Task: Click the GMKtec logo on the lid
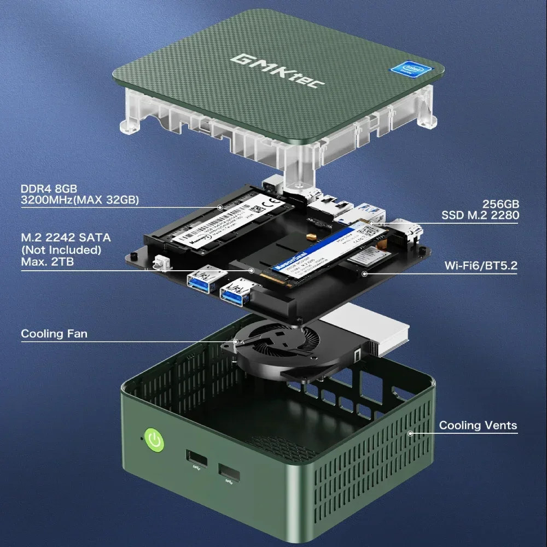pyautogui.click(x=278, y=69)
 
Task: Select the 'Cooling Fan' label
pyautogui.click(x=54, y=334)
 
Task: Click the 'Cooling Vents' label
pyautogui.click(x=478, y=426)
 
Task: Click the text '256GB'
pyautogui.click(x=501, y=203)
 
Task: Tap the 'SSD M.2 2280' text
pyautogui.click(x=480, y=216)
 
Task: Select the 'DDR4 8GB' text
pyautogui.click(x=49, y=189)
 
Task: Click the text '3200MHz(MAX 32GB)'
pyautogui.click(x=80, y=200)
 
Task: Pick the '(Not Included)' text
pyautogui.click(x=61, y=249)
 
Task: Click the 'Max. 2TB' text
pyautogui.click(x=48, y=261)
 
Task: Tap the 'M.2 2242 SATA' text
pyautogui.click(x=66, y=237)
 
